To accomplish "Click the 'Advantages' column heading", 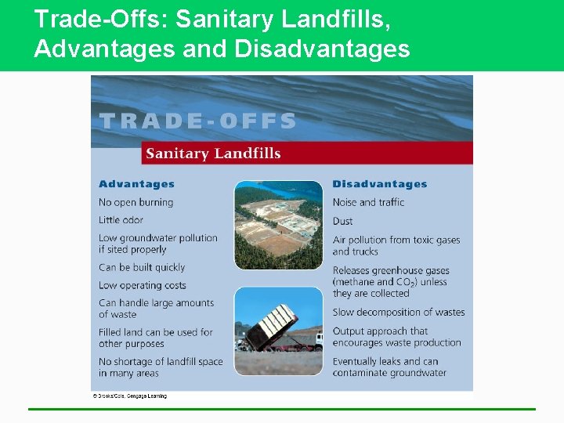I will click(136, 184).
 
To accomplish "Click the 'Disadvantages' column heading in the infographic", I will click(379, 184).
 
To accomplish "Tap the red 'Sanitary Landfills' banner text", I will click(213, 153).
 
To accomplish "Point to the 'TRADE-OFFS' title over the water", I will click(197, 121).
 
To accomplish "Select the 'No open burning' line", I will click(136, 202).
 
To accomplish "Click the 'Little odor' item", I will click(121, 220).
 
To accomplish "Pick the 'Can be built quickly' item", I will click(142, 267).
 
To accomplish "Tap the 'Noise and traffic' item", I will click(368, 202).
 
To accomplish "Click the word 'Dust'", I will click(342, 221).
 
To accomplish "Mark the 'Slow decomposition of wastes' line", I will click(398, 312).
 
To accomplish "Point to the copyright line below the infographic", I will click(130, 396).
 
